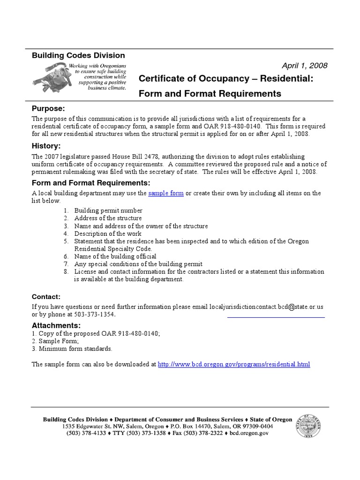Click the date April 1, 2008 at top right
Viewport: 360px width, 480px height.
(x=304, y=66)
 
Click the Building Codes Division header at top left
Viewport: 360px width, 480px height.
(x=78, y=55)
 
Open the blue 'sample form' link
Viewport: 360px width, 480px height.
(x=166, y=193)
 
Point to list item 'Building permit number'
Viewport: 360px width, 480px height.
(x=108, y=211)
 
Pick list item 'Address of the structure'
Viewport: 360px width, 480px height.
(x=108, y=218)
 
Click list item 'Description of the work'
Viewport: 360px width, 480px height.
(x=108, y=233)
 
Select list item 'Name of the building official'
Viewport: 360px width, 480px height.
(x=115, y=256)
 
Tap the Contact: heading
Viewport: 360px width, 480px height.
(x=46, y=297)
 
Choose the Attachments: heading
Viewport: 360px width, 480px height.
(x=56, y=325)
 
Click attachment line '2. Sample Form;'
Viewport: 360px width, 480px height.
(x=55, y=341)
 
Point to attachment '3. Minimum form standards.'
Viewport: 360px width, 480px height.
(x=72, y=348)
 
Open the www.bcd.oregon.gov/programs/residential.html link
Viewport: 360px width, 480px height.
(x=234, y=364)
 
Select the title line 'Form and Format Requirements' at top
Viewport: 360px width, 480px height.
(x=210, y=93)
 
